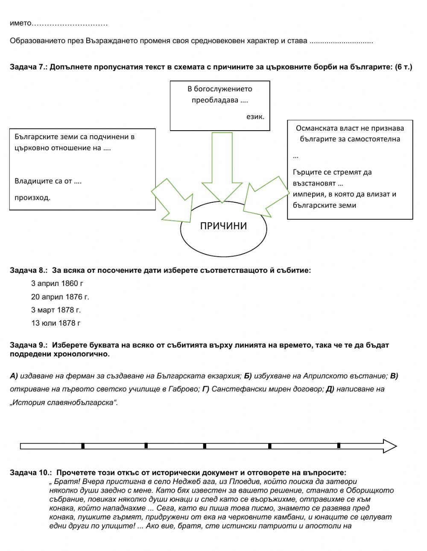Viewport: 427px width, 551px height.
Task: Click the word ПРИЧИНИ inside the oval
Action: pos(223,226)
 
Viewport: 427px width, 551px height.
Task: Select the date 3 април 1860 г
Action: pos(57,283)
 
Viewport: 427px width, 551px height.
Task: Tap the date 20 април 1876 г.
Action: pos(60,297)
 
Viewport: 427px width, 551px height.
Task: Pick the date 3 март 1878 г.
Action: pos(56,310)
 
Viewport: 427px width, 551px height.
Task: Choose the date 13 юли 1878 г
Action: pos(56,323)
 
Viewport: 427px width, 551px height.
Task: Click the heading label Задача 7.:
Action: pos(29,67)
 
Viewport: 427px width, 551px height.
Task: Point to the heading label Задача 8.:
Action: pos(29,270)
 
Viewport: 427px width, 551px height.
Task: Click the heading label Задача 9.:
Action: pos(29,345)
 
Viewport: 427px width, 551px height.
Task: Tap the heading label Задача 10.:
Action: pos(31,472)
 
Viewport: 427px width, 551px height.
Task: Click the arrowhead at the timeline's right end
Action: pos(389,446)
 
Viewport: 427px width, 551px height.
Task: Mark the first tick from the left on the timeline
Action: pos(83,446)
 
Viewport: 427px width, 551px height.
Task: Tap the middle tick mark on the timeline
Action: pos(205,446)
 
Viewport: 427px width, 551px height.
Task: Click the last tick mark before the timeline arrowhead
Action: pos(339,446)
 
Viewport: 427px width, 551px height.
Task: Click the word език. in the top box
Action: pos(255,116)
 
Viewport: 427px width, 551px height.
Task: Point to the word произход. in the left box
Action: pos(32,198)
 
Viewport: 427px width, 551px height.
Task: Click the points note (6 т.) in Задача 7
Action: pos(404,67)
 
